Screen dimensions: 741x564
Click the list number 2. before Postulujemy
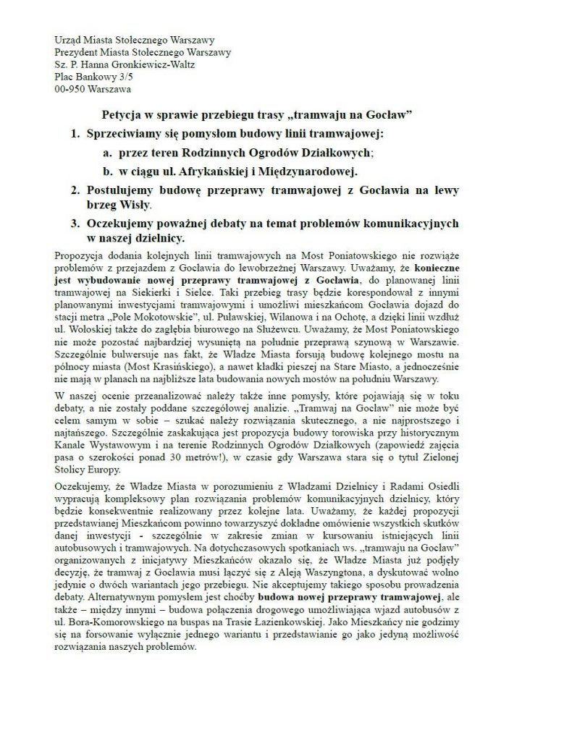click(75, 190)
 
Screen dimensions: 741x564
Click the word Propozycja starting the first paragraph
click(80, 257)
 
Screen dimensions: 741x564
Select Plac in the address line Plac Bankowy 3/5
click(64, 76)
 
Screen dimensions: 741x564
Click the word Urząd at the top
click(69, 39)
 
